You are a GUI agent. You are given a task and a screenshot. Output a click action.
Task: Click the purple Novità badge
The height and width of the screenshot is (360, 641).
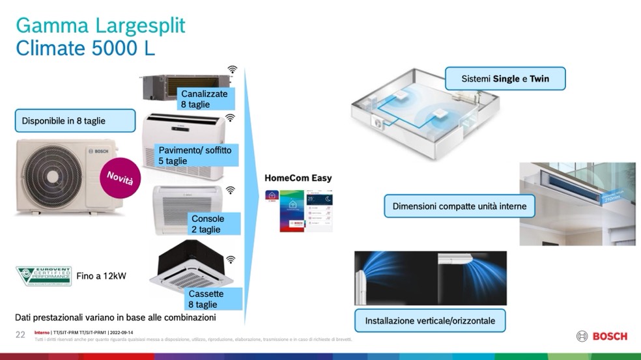tap(119, 175)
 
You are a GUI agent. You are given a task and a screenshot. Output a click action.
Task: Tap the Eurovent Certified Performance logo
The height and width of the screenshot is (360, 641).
tap(43, 276)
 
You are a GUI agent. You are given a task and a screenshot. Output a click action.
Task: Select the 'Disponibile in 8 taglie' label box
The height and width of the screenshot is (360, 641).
tap(75, 120)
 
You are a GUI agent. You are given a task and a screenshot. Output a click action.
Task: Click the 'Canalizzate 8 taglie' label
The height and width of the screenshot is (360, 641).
tap(205, 99)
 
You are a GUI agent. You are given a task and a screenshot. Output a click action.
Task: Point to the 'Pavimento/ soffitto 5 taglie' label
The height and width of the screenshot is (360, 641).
tap(195, 156)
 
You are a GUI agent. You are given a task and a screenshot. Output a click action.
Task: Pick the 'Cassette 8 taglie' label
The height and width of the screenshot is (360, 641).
tap(205, 299)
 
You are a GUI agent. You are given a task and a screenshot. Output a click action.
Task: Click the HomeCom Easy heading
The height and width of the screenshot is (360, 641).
tap(298, 178)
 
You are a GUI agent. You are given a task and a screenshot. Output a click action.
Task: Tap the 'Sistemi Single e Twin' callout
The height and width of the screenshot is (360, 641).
tap(505, 79)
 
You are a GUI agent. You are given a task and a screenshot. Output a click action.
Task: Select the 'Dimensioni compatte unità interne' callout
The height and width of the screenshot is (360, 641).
tap(459, 206)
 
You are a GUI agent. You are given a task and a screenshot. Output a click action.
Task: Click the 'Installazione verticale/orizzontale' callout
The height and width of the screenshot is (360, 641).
tap(430, 320)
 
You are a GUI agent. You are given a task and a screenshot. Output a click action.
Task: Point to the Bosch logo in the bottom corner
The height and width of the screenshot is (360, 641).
tap(602, 336)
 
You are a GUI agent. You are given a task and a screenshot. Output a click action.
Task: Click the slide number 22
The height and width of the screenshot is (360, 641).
tap(20, 334)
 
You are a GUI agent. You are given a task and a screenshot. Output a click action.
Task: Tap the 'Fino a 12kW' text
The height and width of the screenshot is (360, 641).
tap(102, 276)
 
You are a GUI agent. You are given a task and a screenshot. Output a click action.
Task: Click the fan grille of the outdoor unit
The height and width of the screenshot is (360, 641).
tap(48, 174)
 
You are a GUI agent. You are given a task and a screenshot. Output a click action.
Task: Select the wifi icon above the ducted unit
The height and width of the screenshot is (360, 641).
tap(233, 69)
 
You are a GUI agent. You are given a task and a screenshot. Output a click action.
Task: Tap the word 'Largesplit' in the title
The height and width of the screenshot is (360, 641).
tap(140, 25)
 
